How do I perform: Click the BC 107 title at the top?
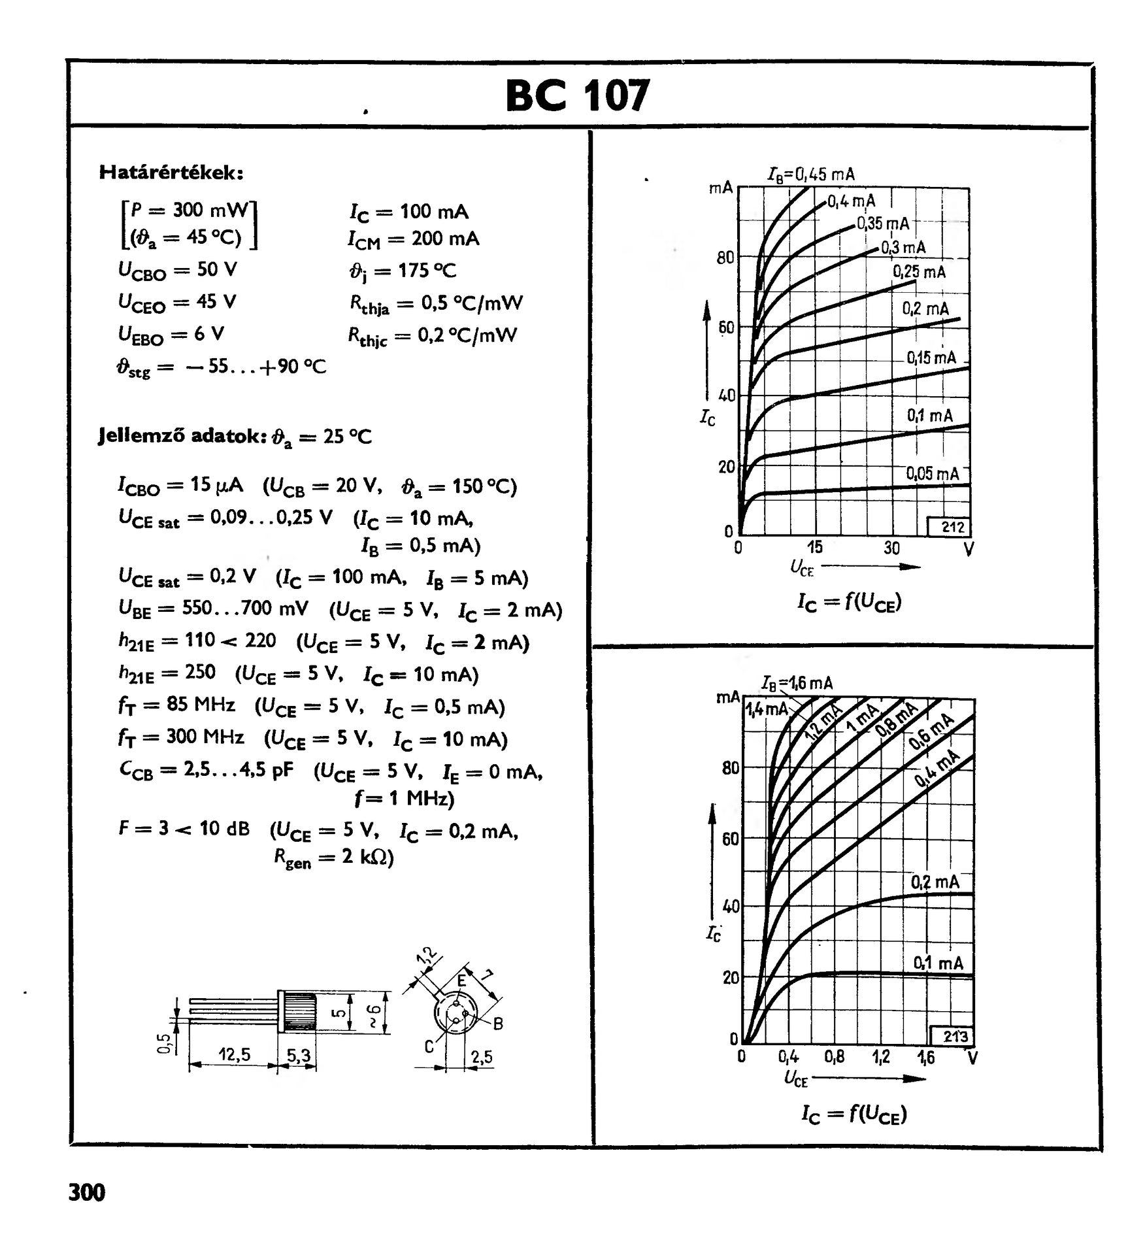pyautogui.click(x=578, y=95)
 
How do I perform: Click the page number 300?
pyautogui.click(x=86, y=1192)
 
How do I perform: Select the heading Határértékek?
pyautogui.click(x=171, y=173)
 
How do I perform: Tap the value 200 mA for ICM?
pyautogui.click(x=445, y=239)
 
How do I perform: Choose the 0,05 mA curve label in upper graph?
pyautogui.click(x=933, y=474)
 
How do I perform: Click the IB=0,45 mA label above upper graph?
pyautogui.click(x=811, y=175)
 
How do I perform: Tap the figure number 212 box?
pyautogui.click(x=953, y=527)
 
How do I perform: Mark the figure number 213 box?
pyautogui.click(x=955, y=1036)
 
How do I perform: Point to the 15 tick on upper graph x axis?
pyautogui.click(x=814, y=547)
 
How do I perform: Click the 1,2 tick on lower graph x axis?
pyautogui.click(x=881, y=1057)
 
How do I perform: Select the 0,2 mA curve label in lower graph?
pyautogui.click(x=935, y=882)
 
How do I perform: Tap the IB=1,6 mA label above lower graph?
pyautogui.click(x=797, y=684)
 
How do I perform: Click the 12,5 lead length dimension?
pyautogui.click(x=234, y=1054)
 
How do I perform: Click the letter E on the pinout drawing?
pyautogui.click(x=461, y=980)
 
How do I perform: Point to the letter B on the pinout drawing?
pyautogui.click(x=498, y=1024)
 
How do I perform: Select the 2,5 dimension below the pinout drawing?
pyautogui.click(x=481, y=1057)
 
